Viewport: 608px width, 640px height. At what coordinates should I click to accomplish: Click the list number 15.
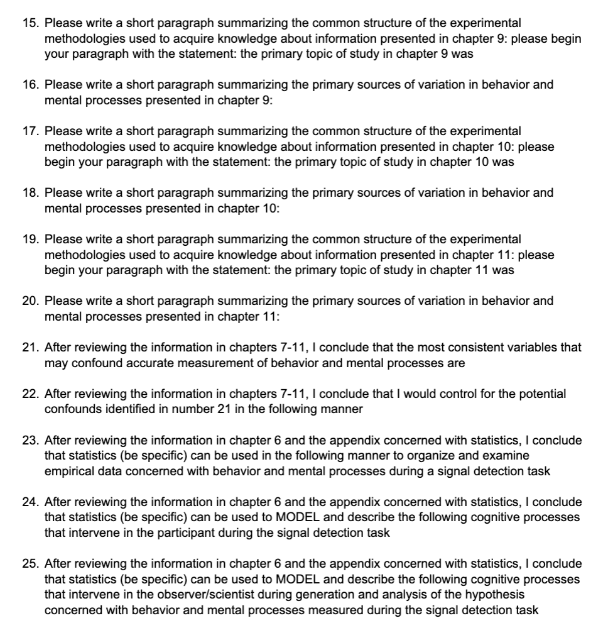point(30,23)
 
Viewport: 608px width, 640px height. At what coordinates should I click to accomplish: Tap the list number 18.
point(30,192)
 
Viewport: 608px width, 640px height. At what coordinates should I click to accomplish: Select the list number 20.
point(30,301)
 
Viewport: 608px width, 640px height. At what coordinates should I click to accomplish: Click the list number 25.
point(30,563)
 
